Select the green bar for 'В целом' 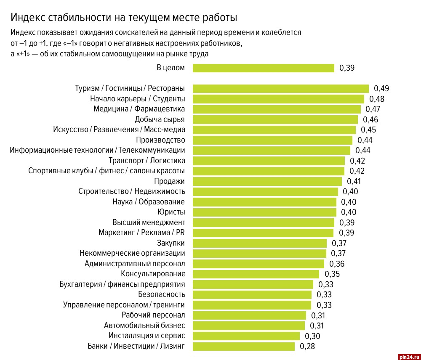pos(263,68)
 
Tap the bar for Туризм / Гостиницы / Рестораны pos(280,88)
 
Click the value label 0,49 pos(381,88)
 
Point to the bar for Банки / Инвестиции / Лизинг pos(243,347)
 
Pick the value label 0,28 pos(307,347)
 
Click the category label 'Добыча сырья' pos(160,119)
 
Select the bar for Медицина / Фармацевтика pos(277,109)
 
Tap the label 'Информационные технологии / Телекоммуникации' pos(97,150)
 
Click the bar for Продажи pos(267,181)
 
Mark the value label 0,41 pos(354,182)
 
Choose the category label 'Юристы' pos(171,212)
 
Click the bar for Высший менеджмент pos(263,222)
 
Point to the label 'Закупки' pos(171,243)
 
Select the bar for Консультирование pos(256,274)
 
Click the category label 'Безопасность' pos(161,294)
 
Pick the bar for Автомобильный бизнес pos(248,326)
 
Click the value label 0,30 pos(312,336)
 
